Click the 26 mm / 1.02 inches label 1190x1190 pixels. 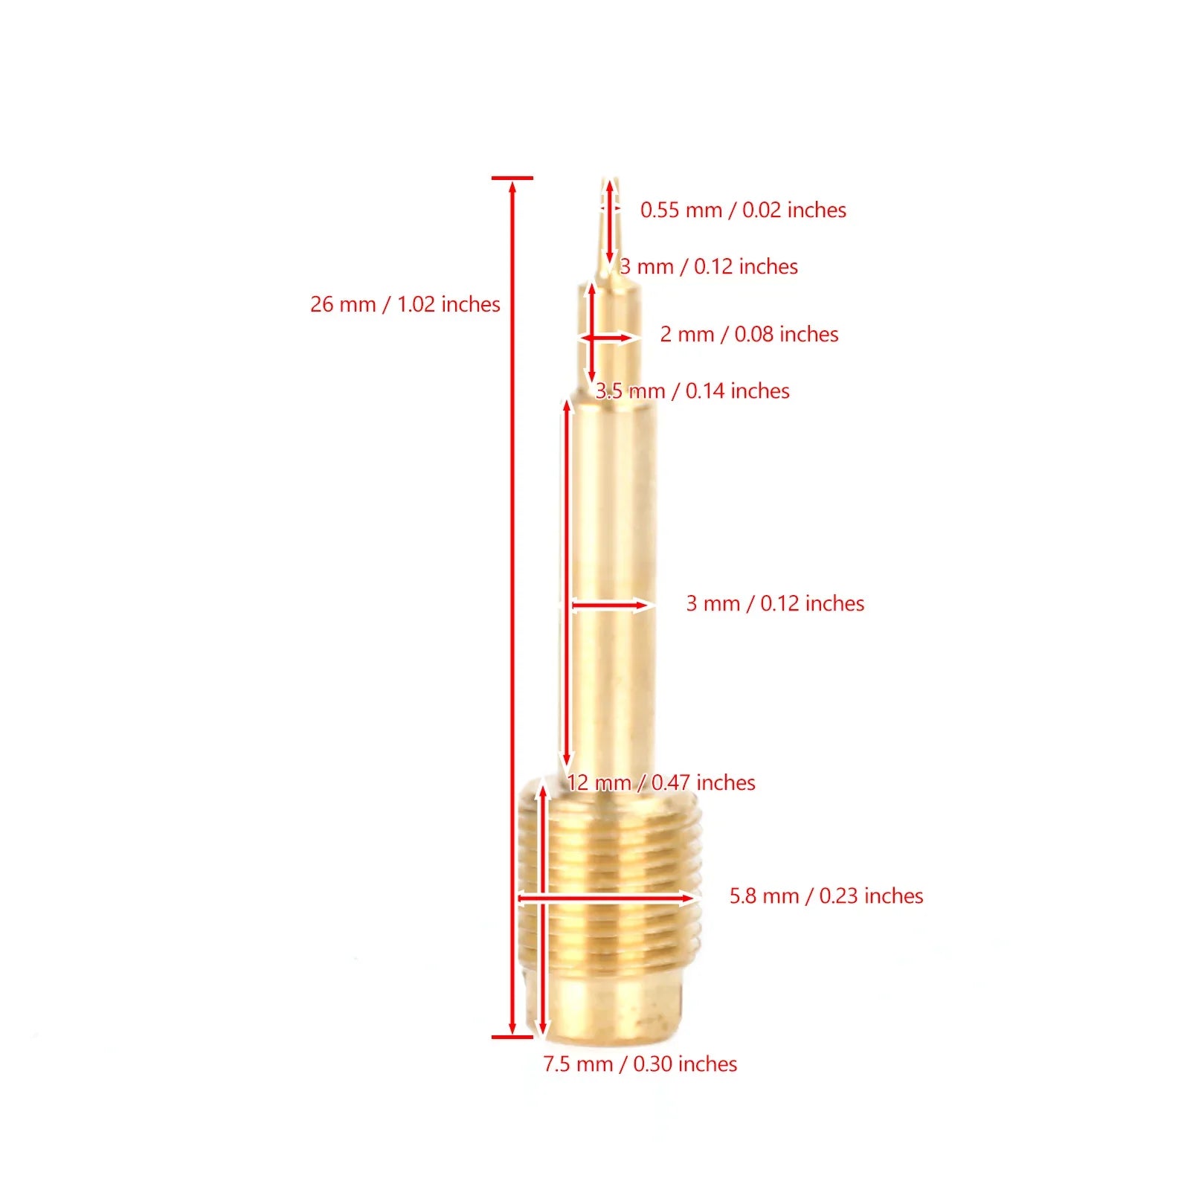[x=405, y=304]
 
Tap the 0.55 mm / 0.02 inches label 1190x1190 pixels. [x=743, y=210]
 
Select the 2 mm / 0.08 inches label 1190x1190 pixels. [x=749, y=334]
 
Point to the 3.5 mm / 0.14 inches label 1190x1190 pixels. [x=692, y=391]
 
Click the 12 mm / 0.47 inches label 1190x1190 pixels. [x=661, y=782]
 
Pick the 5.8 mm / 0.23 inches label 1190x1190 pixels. [x=826, y=895]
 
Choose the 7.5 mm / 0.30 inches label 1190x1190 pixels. [x=640, y=1064]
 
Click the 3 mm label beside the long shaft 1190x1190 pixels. [x=775, y=603]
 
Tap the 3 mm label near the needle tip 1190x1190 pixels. [x=709, y=266]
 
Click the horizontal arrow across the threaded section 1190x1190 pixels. [x=606, y=898]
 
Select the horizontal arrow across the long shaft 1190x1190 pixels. [x=610, y=605]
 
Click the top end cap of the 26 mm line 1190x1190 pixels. [x=512, y=178]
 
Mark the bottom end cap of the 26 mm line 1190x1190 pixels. [x=512, y=1036]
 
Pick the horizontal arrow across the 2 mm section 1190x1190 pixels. [x=610, y=338]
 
